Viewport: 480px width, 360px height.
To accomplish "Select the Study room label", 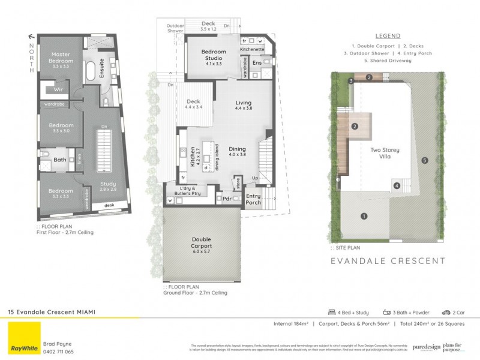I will tap(108, 186).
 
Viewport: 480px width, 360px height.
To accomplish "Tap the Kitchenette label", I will tap(253, 50).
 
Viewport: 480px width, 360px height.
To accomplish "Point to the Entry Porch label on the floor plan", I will tap(254, 200).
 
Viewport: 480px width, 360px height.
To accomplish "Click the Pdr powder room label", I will tap(227, 198).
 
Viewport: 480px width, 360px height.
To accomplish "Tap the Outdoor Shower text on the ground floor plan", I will tap(175, 28).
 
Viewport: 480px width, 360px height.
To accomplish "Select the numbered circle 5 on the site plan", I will tap(424, 160).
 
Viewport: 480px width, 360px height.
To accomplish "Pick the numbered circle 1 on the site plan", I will tap(364, 216).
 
